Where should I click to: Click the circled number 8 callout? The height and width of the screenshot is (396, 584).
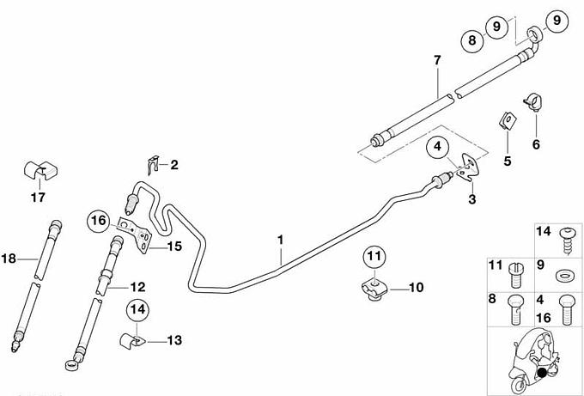[x=471, y=39]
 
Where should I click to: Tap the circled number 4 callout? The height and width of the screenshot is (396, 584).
[x=439, y=147]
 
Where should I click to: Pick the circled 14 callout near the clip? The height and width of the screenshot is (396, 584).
[x=137, y=308]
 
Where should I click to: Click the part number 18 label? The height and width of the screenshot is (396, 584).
[x=9, y=257]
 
